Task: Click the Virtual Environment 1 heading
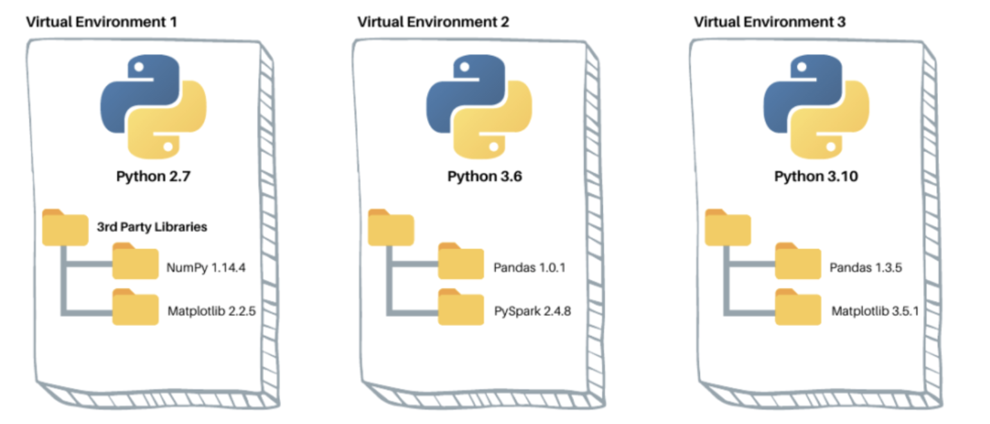101,22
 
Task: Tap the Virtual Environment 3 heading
770,22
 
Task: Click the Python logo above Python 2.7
153,107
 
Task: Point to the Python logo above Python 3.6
479,107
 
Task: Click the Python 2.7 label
153,177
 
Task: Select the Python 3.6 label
484,177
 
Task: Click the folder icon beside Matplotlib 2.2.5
135,307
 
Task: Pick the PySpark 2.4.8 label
532,312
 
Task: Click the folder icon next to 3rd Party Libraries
65,227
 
